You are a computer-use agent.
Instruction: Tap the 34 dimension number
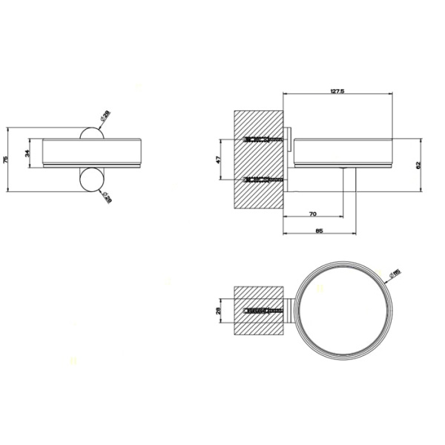[x=28, y=154]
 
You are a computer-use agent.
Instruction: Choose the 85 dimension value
[x=318, y=231]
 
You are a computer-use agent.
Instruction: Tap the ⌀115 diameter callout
[x=395, y=276]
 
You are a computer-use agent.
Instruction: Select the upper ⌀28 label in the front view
[x=105, y=116]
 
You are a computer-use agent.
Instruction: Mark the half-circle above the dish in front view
[x=90, y=133]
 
